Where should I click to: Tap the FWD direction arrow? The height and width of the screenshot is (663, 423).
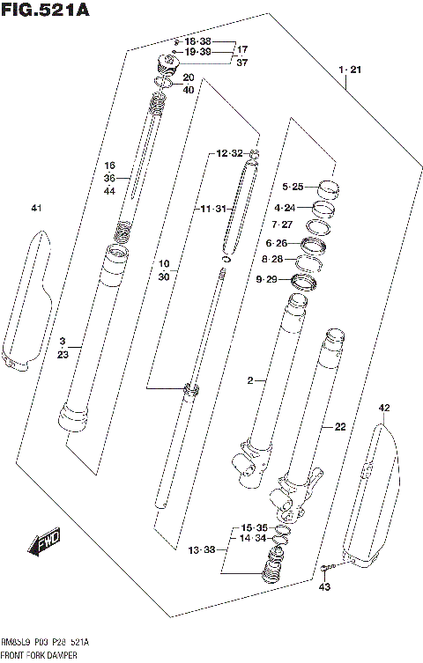pyautogui.click(x=46, y=544)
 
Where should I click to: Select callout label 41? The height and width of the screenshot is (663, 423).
pyautogui.click(x=35, y=208)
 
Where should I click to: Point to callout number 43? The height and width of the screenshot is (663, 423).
pyautogui.click(x=324, y=586)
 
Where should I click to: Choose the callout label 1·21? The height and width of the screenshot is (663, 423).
pyautogui.click(x=349, y=68)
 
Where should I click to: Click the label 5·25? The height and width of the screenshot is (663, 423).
pyautogui.click(x=293, y=187)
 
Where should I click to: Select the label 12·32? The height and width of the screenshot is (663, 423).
pyautogui.click(x=227, y=153)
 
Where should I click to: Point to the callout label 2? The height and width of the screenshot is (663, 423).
pyautogui.click(x=250, y=380)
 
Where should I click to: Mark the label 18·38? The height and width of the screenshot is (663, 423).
pyautogui.click(x=198, y=41)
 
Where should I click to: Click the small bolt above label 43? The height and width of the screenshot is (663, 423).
pyautogui.click(x=327, y=567)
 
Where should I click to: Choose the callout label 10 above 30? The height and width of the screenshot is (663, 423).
pyautogui.click(x=164, y=263)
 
